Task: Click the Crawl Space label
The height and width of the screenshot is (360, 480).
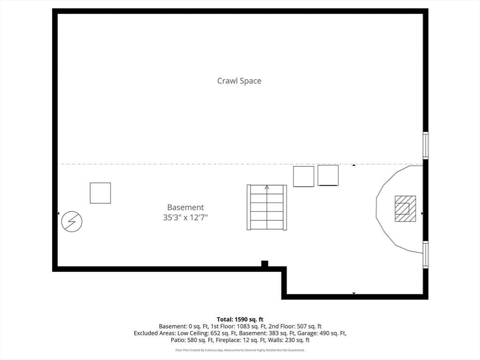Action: click(239, 81)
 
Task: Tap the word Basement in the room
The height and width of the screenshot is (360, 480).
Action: click(186, 207)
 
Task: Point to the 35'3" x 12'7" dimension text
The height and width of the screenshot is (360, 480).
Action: click(186, 217)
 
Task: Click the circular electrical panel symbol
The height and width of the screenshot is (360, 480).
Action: click(72, 221)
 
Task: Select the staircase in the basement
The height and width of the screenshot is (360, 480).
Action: click(267, 207)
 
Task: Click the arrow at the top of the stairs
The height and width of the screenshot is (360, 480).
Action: click(267, 187)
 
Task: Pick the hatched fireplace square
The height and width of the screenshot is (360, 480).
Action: click(405, 209)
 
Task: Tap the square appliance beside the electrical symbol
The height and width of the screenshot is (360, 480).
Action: click(100, 193)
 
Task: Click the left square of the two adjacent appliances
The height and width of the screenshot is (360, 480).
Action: click(304, 176)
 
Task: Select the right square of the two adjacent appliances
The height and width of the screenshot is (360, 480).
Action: click(328, 175)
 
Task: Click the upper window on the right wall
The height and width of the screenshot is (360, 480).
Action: click(426, 145)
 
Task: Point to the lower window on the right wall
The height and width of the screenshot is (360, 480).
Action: click(426, 255)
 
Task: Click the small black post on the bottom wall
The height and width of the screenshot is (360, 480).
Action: click(264, 263)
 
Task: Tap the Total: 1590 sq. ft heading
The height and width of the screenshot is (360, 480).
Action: click(240, 320)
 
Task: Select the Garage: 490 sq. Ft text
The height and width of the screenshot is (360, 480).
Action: click(322, 333)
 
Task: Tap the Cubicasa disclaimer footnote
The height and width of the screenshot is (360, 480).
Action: click(240, 350)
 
